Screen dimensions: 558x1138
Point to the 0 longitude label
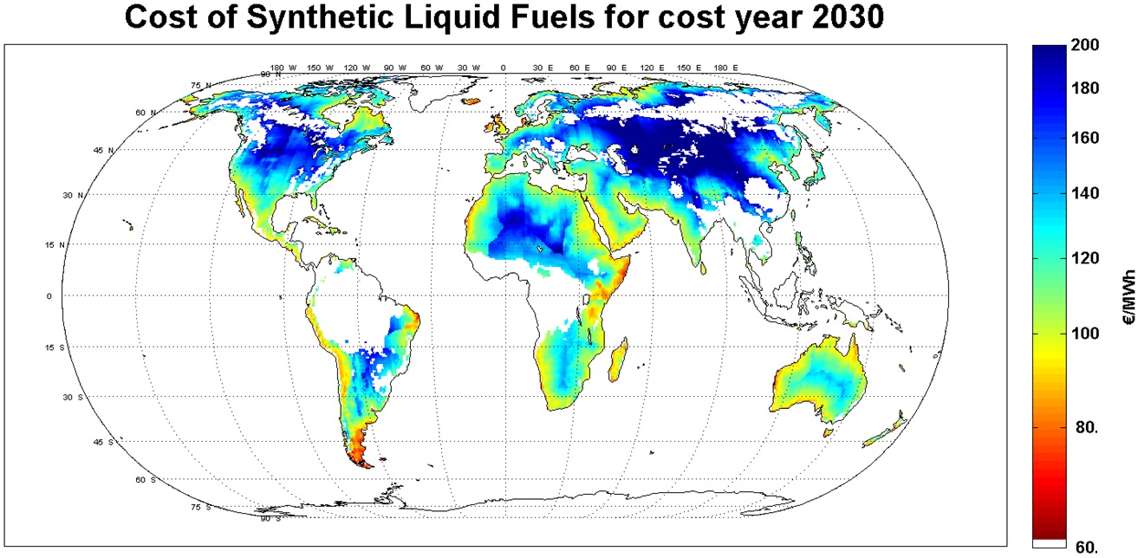click(x=503, y=68)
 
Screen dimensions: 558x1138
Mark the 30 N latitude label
click(x=96, y=196)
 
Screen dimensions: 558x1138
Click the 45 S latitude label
click(x=103, y=443)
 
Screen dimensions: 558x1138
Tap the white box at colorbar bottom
click(x=1049, y=543)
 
